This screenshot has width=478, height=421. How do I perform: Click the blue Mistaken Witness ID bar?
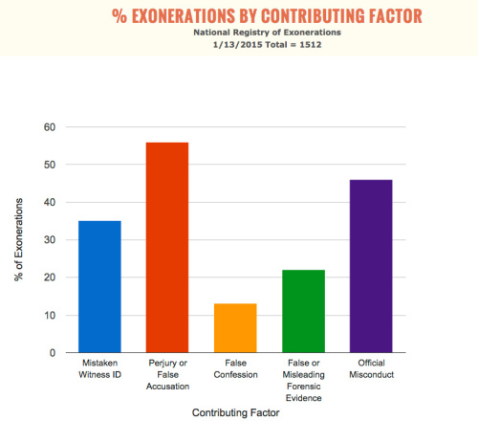click(99, 287)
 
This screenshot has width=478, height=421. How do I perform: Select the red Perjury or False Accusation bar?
click(167, 248)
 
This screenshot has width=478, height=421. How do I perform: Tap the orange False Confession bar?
click(235, 328)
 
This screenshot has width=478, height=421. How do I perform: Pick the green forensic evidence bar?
click(303, 311)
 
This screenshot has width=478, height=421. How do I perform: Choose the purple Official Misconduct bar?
click(371, 266)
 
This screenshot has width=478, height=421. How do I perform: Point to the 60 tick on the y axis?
click(50, 127)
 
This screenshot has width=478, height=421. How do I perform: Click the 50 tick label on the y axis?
click(50, 165)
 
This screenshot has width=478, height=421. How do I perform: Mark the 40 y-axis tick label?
click(50, 202)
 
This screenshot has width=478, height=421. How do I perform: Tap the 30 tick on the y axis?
click(50, 240)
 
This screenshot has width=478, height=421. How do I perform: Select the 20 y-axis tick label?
click(50, 277)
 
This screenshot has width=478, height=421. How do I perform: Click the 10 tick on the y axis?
click(50, 316)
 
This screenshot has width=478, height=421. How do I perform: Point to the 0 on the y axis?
click(53, 353)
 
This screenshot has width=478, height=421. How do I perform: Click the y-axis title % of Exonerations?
click(19, 239)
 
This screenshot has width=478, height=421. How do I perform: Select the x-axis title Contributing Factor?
click(236, 412)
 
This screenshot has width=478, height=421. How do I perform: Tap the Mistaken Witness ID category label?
click(99, 368)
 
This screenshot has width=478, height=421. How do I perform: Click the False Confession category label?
click(235, 368)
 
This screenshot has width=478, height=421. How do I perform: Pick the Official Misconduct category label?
click(372, 368)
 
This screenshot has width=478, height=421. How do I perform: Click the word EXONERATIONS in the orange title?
click(184, 16)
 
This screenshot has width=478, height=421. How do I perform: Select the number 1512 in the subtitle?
click(311, 45)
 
